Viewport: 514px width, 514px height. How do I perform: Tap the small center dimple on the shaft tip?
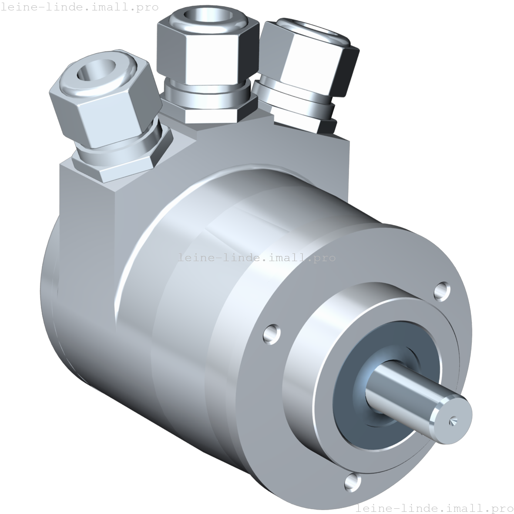coord(453,420)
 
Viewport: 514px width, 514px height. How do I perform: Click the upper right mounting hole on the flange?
coord(442,290)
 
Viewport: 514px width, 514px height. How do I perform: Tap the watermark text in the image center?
coord(257,257)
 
